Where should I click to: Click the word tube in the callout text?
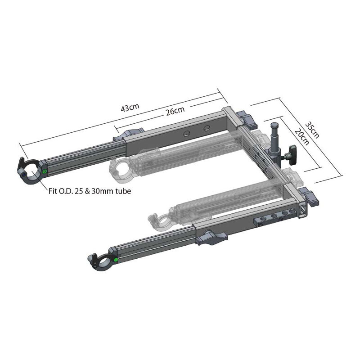pyautogui.click(x=123, y=191)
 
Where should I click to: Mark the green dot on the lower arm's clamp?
pyautogui.click(x=116, y=260)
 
